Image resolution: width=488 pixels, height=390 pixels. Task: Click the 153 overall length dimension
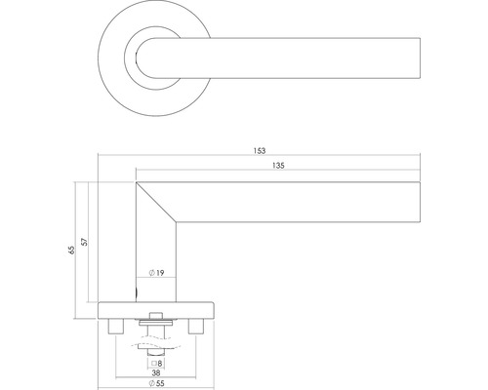(259, 151)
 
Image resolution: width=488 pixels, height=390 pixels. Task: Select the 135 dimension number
(280, 167)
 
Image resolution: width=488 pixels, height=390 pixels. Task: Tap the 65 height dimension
(70, 252)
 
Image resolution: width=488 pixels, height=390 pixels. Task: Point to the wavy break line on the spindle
(155, 342)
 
